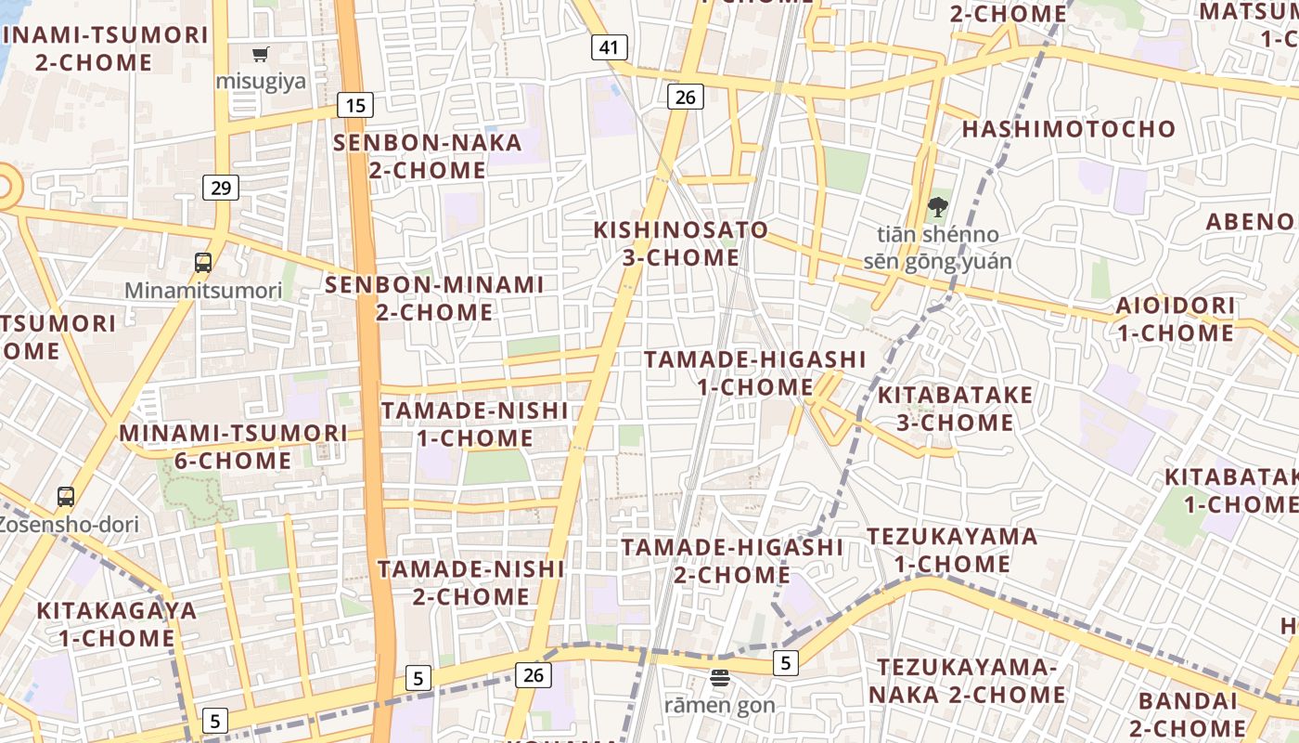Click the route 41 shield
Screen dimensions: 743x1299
[609, 47]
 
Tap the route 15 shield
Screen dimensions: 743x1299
[355, 105]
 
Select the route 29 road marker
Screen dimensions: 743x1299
[221, 188]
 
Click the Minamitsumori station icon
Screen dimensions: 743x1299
[203, 263]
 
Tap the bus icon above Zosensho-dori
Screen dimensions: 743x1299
[66, 496]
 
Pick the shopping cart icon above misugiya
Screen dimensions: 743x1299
[261, 54]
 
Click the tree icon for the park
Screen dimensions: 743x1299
[937, 207]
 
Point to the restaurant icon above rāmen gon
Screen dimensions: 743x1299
[720, 678]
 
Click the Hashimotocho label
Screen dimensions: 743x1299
[1069, 129]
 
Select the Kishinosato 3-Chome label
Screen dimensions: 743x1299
[681, 243]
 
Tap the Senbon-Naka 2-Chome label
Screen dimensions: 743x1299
[428, 156]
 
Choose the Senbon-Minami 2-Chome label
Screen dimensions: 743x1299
[434, 298]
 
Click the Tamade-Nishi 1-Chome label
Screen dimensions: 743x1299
[474, 424]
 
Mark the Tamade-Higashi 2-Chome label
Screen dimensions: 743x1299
[732, 561]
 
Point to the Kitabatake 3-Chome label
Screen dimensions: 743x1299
[955, 409]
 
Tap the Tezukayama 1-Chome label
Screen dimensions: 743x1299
[952, 550]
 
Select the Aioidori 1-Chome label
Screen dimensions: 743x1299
[1175, 319]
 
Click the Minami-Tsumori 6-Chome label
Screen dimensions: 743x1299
[233, 447]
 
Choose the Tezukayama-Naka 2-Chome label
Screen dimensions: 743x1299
[967, 681]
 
